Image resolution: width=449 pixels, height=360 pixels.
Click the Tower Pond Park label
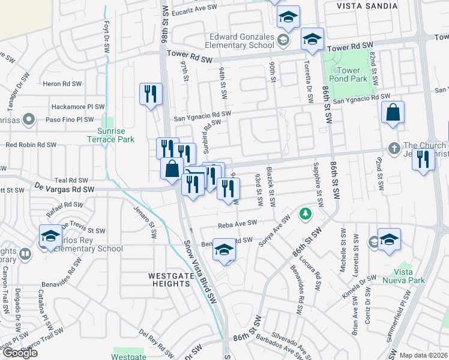pos(349,74)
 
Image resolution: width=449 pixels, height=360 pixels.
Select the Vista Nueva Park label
pos(412,276)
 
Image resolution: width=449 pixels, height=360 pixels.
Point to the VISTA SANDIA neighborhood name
pos(362,5)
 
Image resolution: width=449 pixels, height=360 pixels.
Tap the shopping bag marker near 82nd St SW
pos(393,113)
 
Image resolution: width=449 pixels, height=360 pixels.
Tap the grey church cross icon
pos(394,148)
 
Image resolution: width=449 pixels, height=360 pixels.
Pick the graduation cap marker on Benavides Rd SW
pos(224,250)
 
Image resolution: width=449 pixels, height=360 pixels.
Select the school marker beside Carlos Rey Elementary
pos(50,235)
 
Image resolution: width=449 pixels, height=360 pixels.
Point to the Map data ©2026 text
pos(423,355)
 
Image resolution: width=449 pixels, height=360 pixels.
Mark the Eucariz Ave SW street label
pos(192,11)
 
